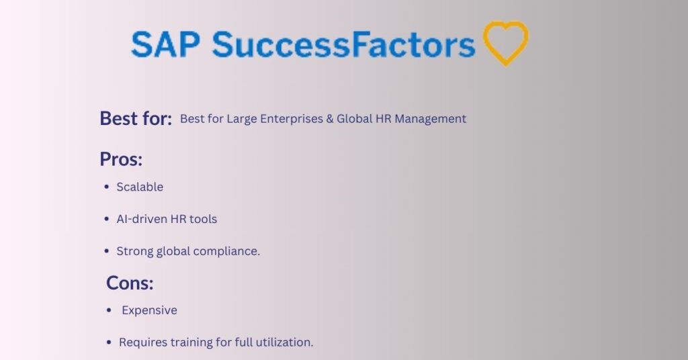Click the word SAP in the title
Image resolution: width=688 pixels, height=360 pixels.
coord(166,44)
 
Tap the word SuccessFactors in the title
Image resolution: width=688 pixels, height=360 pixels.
coord(343,44)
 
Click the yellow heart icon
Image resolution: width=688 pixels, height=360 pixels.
coord(505,43)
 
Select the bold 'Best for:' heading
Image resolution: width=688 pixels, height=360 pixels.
coord(136,118)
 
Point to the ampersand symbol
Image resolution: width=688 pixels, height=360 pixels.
coord(330,119)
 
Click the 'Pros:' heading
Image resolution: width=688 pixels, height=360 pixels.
coord(121,159)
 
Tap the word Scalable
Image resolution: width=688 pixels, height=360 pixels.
coord(140,187)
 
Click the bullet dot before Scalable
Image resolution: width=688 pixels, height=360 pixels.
coord(106,187)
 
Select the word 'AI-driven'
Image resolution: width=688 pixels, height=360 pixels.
coord(141,219)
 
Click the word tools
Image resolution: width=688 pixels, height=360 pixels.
coord(203,219)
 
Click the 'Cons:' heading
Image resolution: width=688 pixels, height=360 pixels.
coord(130,283)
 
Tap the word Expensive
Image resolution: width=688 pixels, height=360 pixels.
coord(149,310)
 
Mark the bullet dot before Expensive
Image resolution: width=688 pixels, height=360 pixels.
coord(110,310)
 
